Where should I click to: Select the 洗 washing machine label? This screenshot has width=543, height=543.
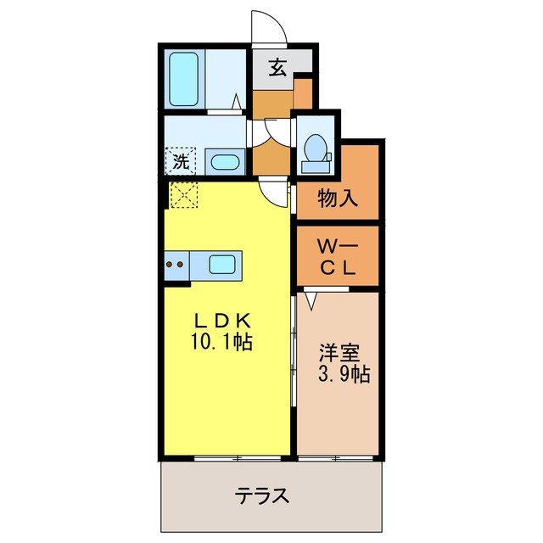point(181,159)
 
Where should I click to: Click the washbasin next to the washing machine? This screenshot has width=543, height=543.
point(224,161)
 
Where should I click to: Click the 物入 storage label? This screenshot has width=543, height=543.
point(338,199)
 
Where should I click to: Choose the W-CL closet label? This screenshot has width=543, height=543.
point(337,258)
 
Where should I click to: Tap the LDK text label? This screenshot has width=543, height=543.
point(222,322)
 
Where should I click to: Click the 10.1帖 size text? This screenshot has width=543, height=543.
point(222,343)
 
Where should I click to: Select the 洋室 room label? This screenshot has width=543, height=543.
point(337,350)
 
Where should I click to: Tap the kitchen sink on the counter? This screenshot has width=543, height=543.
point(222,265)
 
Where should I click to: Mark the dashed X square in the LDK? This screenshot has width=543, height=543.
point(182,194)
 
